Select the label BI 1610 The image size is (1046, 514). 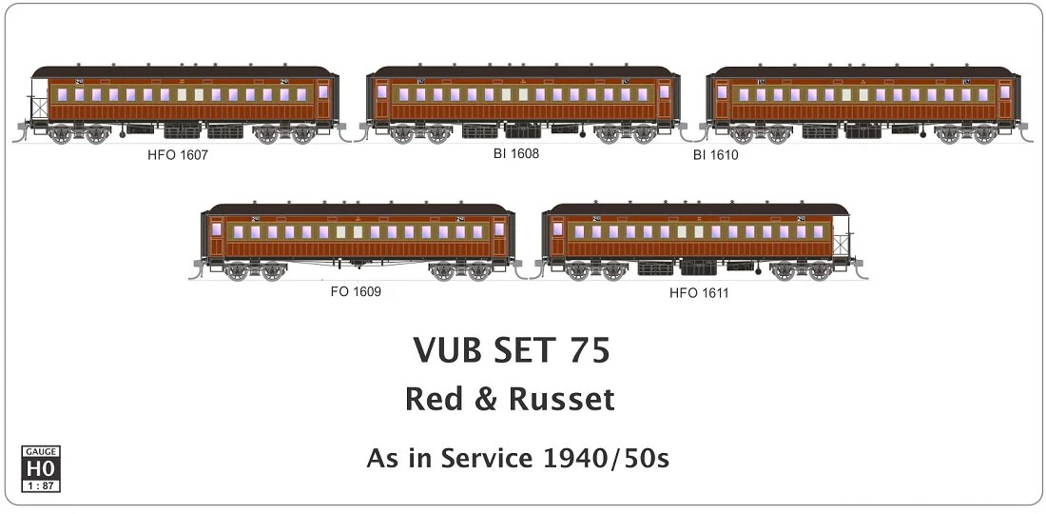point(715,155)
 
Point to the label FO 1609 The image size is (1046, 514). point(356,291)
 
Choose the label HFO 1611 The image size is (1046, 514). point(699,292)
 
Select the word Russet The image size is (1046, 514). point(561,400)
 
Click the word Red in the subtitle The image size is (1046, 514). point(434,400)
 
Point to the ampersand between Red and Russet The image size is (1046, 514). point(486,400)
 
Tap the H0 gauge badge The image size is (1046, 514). point(39,468)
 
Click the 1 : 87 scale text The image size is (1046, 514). point(39,484)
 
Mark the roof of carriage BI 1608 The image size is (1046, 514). point(523,72)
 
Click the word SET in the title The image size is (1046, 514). point(521,350)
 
